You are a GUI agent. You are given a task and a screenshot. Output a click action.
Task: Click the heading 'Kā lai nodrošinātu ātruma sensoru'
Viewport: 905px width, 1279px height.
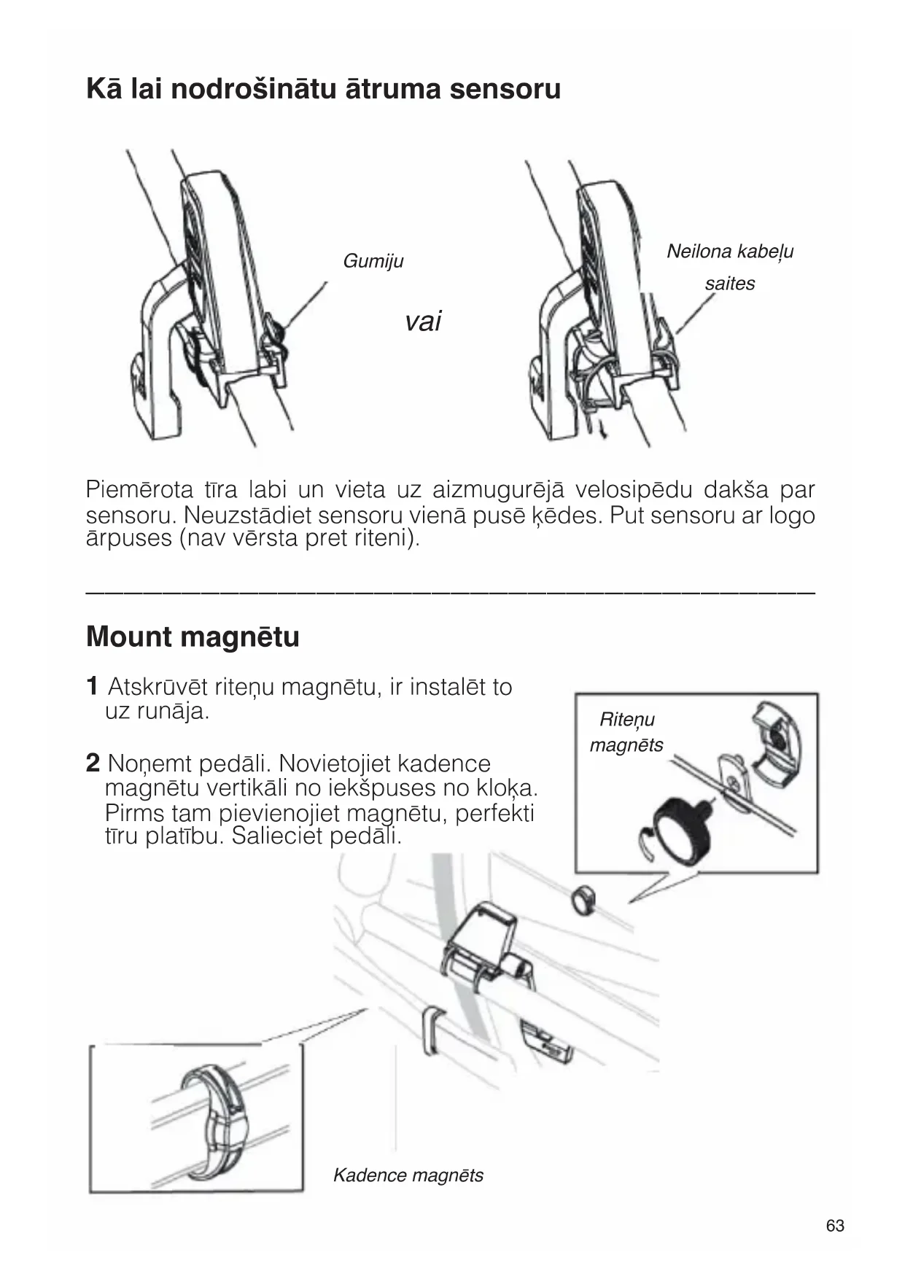(x=323, y=89)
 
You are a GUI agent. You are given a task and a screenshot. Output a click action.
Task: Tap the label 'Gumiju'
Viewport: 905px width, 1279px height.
(x=373, y=261)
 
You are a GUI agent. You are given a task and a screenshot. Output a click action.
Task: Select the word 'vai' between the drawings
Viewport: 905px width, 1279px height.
(x=423, y=321)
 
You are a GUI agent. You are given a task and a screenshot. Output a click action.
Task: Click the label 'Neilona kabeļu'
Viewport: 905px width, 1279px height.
(x=729, y=252)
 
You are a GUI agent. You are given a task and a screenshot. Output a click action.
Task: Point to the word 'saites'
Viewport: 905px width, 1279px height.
(x=729, y=284)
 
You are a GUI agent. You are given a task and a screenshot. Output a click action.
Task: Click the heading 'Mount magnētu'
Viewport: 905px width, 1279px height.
(x=193, y=637)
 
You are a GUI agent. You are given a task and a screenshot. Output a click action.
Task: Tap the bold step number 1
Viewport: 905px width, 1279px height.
(x=93, y=686)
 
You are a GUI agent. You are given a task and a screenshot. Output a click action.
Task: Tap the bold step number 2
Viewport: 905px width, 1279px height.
(x=93, y=763)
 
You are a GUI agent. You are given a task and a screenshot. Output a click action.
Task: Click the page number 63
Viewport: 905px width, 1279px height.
(x=835, y=1225)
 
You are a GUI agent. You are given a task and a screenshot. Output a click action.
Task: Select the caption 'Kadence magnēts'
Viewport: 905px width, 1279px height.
(x=408, y=1175)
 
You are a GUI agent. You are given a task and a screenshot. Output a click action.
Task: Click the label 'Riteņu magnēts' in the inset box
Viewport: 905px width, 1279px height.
(x=626, y=732)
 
